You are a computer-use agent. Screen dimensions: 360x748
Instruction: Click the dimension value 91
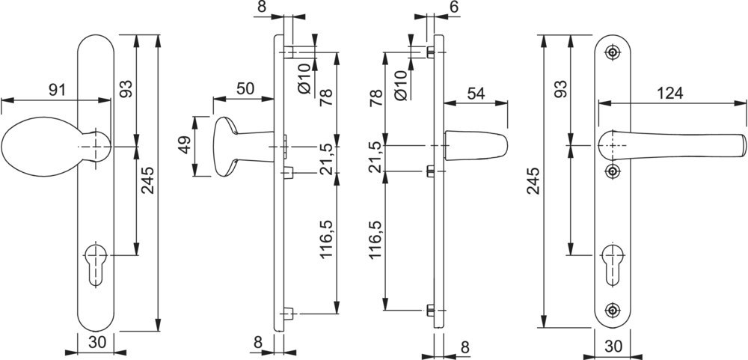[55, 90]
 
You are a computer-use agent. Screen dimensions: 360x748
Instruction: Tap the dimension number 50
[245, 88]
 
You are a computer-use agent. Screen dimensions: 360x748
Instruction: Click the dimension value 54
[476, 94]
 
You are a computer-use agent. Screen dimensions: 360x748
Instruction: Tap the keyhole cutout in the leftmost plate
[94, 261]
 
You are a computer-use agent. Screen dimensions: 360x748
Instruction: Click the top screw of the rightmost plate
[614, 52]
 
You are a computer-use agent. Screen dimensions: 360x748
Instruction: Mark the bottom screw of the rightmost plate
[614, 308]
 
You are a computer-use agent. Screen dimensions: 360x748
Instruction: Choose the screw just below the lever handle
[614, 171]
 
